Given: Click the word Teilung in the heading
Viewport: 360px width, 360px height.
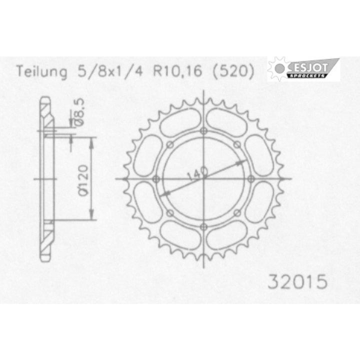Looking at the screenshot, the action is pyautogui.click(x=42, y=71).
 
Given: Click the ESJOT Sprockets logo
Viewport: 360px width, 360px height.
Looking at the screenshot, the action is pyautogui.click(x=303, y=68).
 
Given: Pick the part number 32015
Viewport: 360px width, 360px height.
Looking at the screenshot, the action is pyautogui.click(x=297, y=281).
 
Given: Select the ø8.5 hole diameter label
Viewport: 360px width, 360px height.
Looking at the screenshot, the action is pyautogui.click(x=78, y=112).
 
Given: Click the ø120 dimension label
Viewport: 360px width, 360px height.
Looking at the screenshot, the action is pyautogui.click(x=82, y=180).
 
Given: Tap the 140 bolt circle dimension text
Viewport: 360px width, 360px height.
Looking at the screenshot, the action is pyautogui.click(x=197, y=173).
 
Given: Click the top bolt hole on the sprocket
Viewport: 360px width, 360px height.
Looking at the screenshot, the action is pyautogui.click(x=203, y=131).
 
